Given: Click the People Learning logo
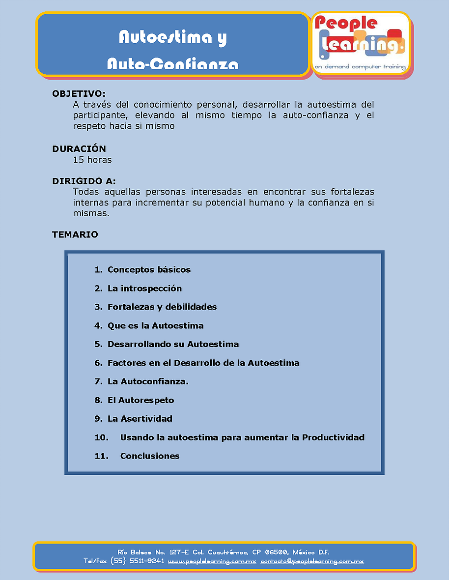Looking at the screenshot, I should [x=361, y=43].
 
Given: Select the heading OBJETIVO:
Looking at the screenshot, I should [x=79, y=93].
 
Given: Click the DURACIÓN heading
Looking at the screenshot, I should [x=79, y=148].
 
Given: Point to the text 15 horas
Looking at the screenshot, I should [x=92, y=160].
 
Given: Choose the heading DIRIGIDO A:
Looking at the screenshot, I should [x=84, y=181].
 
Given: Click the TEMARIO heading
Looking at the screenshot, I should [x=75, y=234].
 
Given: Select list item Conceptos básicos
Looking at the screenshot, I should [x=149, y=269].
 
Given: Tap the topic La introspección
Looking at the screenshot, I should [x=144, y=288].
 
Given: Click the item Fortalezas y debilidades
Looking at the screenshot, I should [x=162, y=307].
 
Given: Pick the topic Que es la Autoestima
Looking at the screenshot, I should [x=155, y=325].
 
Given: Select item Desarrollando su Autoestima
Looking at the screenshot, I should [x=173, y=344].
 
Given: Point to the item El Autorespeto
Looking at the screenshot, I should [x=140, y=400].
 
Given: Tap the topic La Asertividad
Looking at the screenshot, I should [x=140, y=419].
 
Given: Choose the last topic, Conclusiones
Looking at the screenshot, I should [x=150, y=456].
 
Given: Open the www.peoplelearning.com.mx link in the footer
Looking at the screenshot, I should [x=212, y=561].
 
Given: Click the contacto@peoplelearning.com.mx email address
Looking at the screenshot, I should [x=312, y=561].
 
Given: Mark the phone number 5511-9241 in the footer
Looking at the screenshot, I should [x=146, y=561].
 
